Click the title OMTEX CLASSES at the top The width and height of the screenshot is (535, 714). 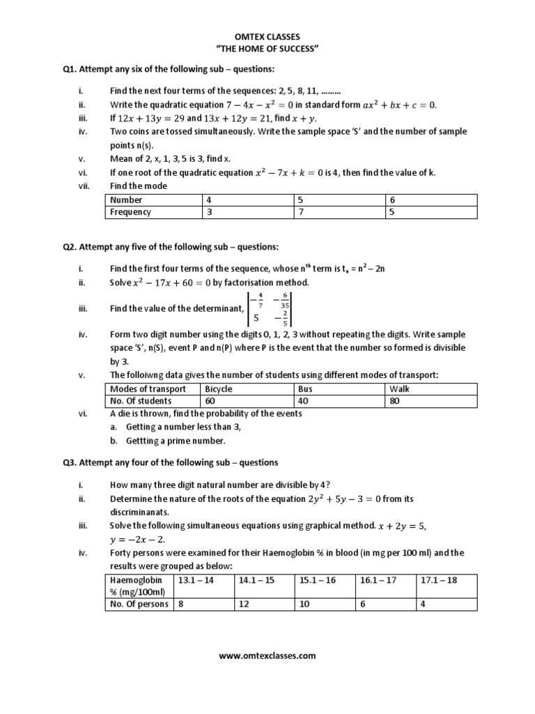(267, 35)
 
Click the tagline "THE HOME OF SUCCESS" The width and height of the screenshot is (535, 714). (267, 47)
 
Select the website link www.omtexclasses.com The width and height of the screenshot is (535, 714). (267, 655)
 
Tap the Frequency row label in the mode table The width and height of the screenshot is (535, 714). (130, 212)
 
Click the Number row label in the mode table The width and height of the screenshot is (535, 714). (126, 200)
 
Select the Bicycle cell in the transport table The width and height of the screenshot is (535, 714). (217, 389)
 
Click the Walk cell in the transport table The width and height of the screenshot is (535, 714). (399, 389)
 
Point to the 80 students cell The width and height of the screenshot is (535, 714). (395, 401)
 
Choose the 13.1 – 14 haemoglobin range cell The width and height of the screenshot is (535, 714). (196, 580)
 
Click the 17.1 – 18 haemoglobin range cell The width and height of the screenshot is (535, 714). (439, 580)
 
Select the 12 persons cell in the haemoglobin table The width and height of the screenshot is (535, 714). (244, 604)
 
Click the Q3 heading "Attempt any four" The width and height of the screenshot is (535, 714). (170, 462)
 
